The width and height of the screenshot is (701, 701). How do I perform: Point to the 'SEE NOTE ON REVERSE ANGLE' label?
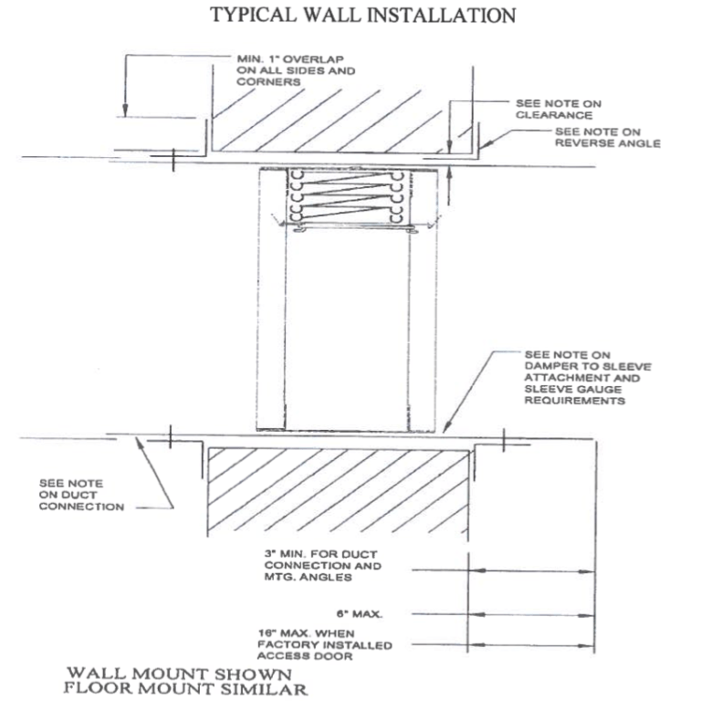click(602, 137)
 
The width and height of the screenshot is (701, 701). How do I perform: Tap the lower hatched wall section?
click(339, 494)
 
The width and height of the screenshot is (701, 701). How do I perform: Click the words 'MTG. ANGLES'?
click(292, 578)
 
